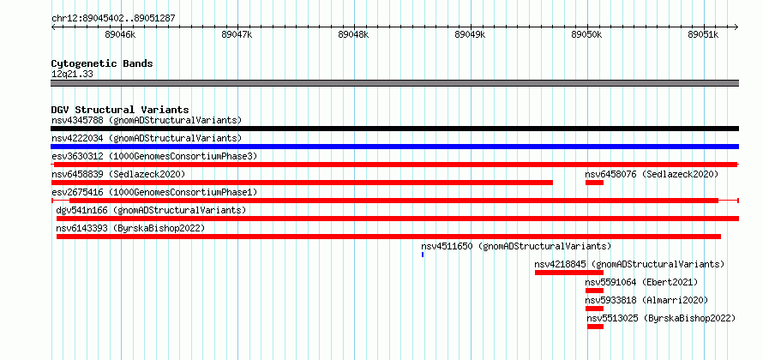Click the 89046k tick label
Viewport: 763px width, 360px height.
pos(121,34)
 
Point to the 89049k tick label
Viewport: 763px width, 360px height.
pos(470,34)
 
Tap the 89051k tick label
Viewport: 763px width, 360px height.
pos(703,34)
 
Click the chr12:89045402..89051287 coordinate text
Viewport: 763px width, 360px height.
pos(113,19)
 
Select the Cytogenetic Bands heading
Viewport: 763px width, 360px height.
pos(102,63)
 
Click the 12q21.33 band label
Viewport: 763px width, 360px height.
pos(72,75)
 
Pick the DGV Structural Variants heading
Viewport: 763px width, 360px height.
pos(120,110)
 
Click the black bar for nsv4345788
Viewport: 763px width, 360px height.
pos(394,129)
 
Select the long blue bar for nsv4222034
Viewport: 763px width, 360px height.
pos(394,147)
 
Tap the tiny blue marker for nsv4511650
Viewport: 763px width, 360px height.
pos(423,255)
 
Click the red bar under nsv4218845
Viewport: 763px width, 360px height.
pos(569,273)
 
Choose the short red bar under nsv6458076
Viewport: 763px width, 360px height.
pos(594,183)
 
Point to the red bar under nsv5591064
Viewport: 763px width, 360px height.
pos(594,291)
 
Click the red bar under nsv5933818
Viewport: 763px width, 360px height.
pos(594,309)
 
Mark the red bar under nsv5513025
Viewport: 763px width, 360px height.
pos(595,327)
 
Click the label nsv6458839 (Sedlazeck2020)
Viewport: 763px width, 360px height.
pos(118,174)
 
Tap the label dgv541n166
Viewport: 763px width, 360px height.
pos(81,210)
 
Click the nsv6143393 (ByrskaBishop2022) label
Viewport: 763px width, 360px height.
pos(130,228)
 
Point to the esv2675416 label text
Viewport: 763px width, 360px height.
pos(77,192)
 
